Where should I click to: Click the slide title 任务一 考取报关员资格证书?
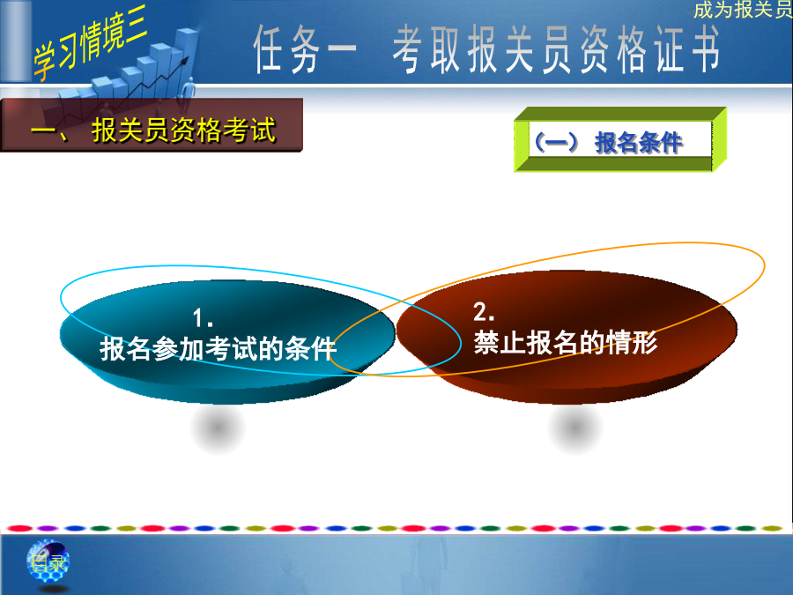click(486, 49)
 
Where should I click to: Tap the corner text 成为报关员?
click(743, 9)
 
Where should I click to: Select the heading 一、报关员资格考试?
click(153, 130)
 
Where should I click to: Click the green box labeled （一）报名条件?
click(620, 139)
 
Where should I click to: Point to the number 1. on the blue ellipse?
click(203, 318)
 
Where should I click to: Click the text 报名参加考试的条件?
click(218, 348)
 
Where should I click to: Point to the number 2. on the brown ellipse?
click(484, 312)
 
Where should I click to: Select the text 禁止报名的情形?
click(566, 343)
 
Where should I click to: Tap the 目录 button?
click(48, 562)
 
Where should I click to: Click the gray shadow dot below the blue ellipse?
click(218, 428)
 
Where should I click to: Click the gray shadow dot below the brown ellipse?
click(575, 428)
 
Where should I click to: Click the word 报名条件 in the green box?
click(638, 142)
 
